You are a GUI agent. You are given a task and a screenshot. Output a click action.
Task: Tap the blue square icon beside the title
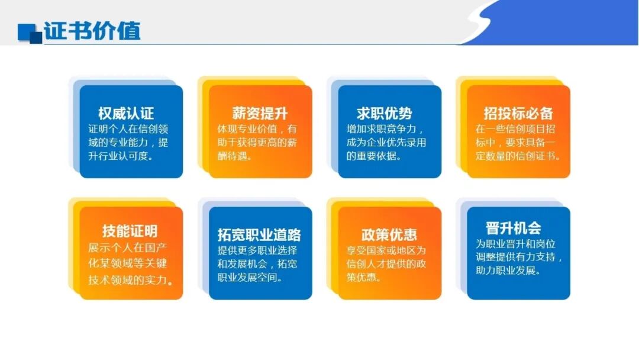pyautogui.click(x=30, y=33)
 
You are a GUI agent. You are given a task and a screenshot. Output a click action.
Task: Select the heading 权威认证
pyautogui.click(x=126, y=113)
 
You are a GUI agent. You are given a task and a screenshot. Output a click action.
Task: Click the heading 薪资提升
pyautogui.click(x=260, y=113)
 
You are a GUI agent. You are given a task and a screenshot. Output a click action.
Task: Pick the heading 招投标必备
pyautogui.click(x=518, y=113)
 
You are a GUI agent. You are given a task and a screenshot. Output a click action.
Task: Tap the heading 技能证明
pyautogui.click(x=130, y=231)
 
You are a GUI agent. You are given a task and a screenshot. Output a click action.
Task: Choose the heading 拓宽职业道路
pyautogui.click(x=260, y=234)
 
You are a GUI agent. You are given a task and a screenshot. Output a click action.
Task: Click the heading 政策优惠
pyautogui.click(x=389, y=234)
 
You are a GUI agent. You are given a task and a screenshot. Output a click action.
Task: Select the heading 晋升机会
pyautogui.click(x=514, y=228)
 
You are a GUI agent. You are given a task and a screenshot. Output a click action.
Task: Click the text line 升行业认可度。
pyautogui.click(x=121, y=157)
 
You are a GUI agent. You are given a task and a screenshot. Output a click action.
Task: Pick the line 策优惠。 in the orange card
pyautogui.click(x=362, y=278)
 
